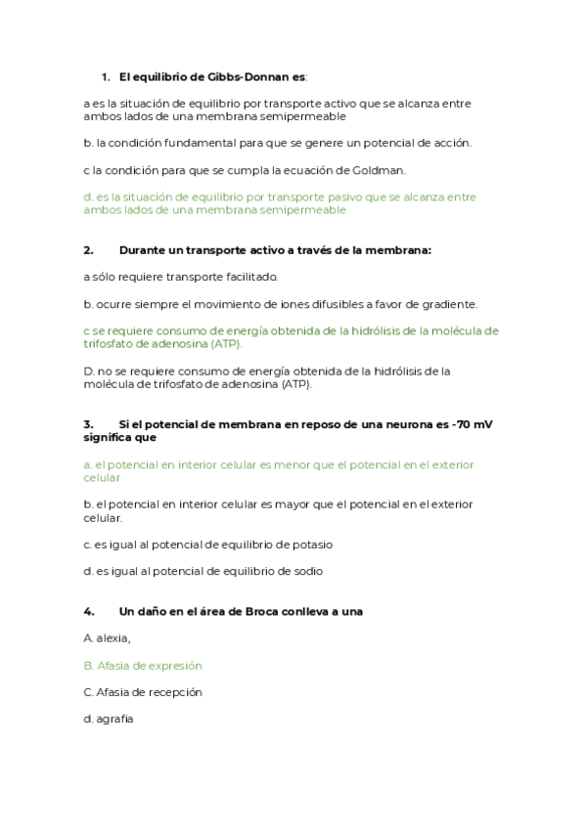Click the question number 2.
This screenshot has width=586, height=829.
[x=88, y=250]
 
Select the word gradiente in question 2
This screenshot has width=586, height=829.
[x=452, y=304]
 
